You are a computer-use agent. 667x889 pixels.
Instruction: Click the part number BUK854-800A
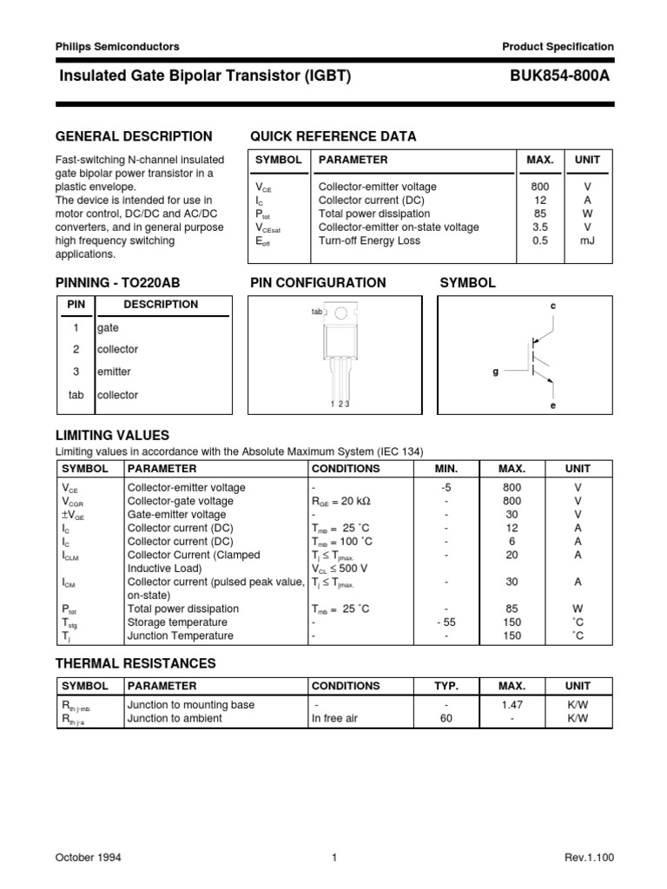(562, 76)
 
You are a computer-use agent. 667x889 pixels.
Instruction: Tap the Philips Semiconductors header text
(117, 47)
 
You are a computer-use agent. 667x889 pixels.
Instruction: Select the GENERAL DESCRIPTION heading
(134, 136)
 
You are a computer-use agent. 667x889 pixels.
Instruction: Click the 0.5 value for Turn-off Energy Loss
(539, 240)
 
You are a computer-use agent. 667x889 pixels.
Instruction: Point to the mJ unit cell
(588, 240)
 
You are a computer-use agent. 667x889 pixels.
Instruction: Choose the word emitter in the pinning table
(113, 372)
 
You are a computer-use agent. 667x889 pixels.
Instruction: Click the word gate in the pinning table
(108, 328)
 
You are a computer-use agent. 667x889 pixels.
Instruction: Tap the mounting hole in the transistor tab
(341, 313)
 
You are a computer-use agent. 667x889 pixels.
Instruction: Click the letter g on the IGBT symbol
(496, 371)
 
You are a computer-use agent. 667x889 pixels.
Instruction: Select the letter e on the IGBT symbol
(552, 405)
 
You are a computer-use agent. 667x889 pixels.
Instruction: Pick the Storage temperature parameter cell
(177, 622)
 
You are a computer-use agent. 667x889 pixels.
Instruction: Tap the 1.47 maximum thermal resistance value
(512, 705)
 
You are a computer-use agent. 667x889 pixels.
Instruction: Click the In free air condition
(334, 719)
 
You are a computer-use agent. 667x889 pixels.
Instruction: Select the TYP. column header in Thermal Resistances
(446, 686)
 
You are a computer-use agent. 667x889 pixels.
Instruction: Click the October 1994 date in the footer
(89, 858)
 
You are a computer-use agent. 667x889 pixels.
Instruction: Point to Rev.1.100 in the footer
(589, 858)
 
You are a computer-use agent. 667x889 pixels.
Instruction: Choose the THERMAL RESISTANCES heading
(135, 663)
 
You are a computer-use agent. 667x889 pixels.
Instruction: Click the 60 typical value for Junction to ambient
(446, 719)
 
